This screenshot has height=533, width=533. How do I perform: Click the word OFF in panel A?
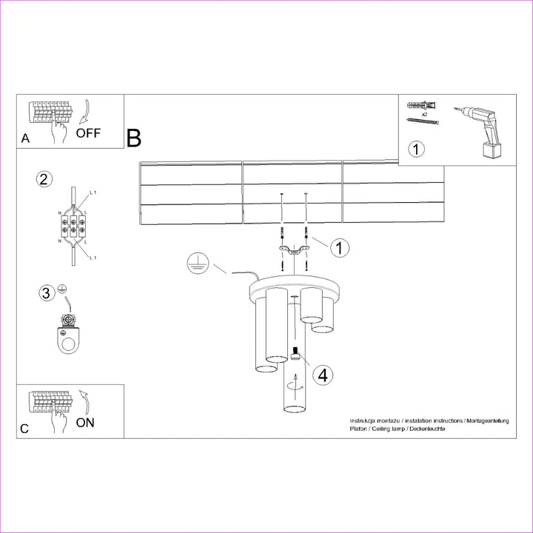point(88,133)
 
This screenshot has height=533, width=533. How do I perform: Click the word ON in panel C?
point(85,423)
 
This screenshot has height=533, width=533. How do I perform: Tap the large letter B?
point(133,138)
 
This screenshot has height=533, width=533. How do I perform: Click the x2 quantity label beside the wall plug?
point(424,115)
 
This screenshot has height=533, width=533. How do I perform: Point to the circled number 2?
point(44,179)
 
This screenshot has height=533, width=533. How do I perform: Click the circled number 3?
point(47,293)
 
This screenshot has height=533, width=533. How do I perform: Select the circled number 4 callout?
point(323,375)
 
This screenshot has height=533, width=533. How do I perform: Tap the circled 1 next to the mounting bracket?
point(340,247)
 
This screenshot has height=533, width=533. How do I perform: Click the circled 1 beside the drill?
point(416,150)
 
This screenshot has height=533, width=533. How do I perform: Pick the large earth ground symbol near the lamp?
point(198,263)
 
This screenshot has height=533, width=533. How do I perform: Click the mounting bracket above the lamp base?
point(294,249)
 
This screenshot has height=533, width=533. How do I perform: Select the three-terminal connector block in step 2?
point(73,227)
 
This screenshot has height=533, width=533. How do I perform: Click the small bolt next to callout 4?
point(295,353)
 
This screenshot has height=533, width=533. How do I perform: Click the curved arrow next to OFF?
point(84,112)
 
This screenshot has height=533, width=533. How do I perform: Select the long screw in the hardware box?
point(423,121)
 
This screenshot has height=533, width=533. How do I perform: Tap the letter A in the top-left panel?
point(25,138)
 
